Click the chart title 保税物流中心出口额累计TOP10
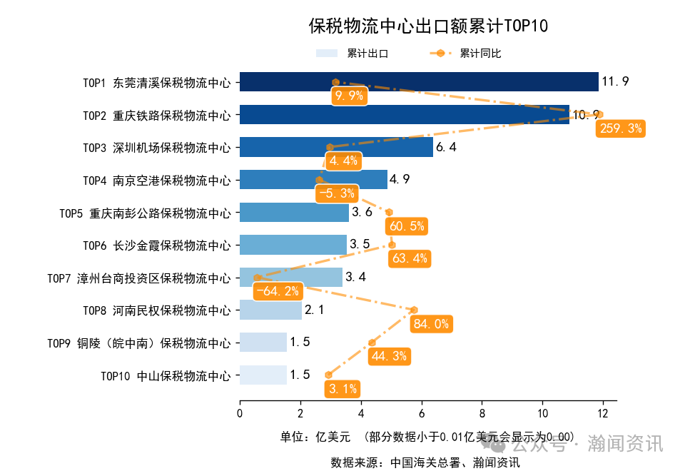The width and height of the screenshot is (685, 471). [427, 26]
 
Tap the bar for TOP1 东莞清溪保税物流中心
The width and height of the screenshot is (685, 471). [419, 82]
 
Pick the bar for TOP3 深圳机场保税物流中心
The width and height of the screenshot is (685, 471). [336, 147]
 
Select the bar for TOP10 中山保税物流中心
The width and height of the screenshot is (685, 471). [263, 375]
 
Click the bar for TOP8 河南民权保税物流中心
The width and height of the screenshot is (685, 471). [270, 310]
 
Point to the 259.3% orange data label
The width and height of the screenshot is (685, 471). [621, 128]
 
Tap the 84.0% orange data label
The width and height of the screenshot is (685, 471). [431, 324]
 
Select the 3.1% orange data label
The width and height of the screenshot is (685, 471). [342, 389]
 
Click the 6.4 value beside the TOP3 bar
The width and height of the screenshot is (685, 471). [446, 148]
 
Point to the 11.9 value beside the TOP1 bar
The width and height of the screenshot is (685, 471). [615, 81]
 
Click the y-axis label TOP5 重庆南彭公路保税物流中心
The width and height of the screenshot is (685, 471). [145, 213]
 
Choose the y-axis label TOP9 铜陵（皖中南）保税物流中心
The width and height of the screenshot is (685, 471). [139, 343]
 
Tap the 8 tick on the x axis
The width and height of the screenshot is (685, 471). [482, 412]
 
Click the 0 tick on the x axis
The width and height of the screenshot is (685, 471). [240, 412]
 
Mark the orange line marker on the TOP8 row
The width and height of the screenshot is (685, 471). [414, 310]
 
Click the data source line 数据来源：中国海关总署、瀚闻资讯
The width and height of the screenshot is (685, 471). [425, 462]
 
